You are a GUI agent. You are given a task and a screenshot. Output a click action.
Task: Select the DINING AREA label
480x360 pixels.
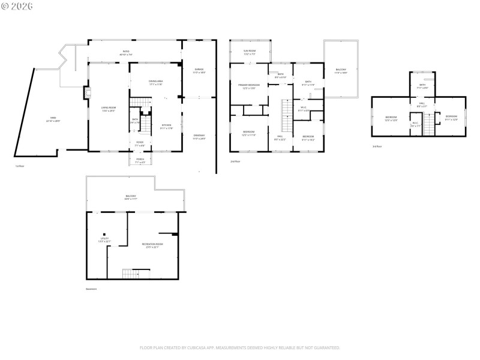[156, 82]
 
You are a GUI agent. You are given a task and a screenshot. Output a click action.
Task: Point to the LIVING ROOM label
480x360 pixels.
[109, 109]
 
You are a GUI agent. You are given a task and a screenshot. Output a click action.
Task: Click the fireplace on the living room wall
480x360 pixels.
[88, 94]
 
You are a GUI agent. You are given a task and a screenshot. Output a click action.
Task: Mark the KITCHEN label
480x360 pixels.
[166, 126]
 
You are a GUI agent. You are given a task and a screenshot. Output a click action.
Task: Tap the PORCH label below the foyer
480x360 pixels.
[139, 160]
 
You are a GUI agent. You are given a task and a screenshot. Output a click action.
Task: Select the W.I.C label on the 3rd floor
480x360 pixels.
[415, 124]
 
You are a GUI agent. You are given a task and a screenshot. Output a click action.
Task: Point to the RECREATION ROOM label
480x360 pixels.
[152, 245]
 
